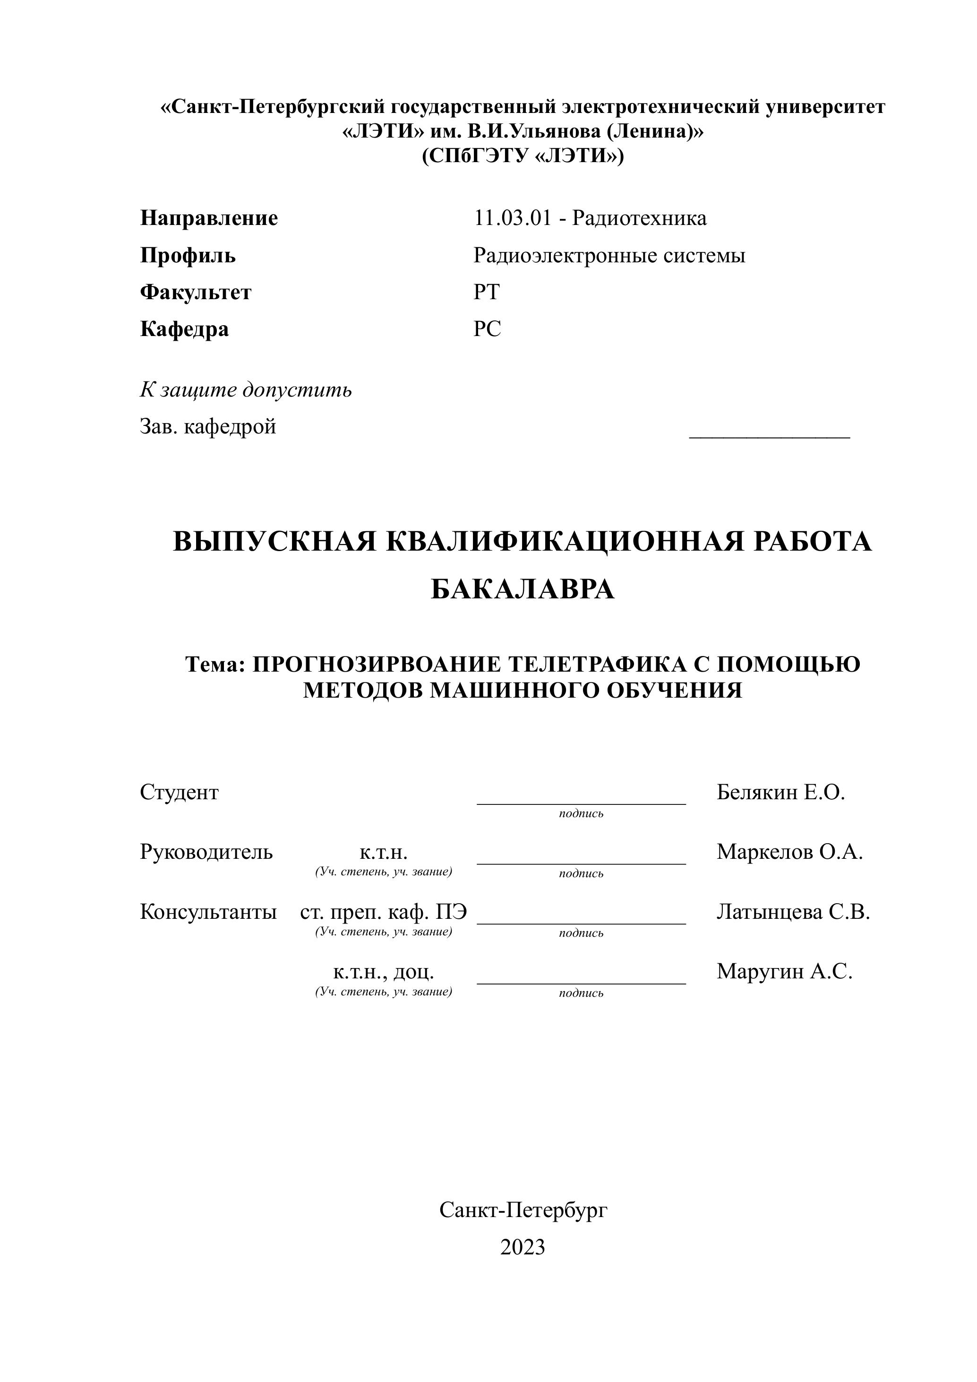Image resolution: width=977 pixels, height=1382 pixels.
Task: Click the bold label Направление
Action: pyautogui.click(x=209, y=218)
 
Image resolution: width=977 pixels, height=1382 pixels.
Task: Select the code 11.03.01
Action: pyautogui.click(x=512, y=218)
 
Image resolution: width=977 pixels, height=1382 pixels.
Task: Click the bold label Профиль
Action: pyautogui.click(x=188, y=256)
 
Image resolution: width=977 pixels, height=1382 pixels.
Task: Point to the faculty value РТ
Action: pyautogui.click(x=486, y=293)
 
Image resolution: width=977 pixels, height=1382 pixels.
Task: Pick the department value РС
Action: pyautogui.click(x=487, y=329)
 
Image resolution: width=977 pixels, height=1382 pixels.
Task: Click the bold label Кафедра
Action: pyautogui.click(x=184, y=329)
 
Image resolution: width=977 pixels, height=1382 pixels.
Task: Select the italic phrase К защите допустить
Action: pyautogui.click(x=246, y=390)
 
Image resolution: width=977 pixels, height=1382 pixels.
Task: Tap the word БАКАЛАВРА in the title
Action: pyautogui.click(x=522, y=590)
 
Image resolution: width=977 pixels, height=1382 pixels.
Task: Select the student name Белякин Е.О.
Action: pyautogui.click(x=780, y=793)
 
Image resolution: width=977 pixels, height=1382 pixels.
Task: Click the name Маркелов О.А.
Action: pyautogui.click(x=789, y=852)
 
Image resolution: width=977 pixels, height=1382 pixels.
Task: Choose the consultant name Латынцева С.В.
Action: pyautogui.click(x=793, y=913)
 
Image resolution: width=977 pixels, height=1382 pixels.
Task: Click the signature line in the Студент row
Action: pyautogui.click(x=581, y=803)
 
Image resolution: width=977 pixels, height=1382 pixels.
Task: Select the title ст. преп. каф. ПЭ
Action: pyautogui.click(x=383, y=913)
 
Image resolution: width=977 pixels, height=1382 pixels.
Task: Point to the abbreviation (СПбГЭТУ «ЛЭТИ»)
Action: pyautogui.click(x=522, y=156)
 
